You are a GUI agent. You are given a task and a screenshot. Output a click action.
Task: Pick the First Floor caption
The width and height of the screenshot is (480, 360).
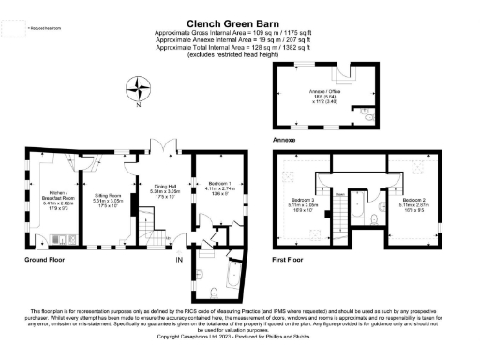point(292,258)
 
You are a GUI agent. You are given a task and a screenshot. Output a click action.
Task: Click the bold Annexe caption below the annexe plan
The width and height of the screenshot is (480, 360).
point(284,139)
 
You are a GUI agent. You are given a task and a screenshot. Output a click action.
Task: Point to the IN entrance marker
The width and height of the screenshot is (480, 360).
point(178,259)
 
